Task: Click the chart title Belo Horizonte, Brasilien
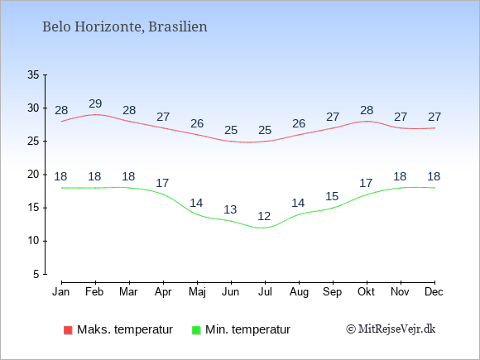coord(125,27)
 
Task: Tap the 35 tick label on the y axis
coord(33,74)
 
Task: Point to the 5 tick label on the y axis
coord(36,274)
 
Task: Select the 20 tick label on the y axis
coord(33,175)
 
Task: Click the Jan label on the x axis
coord(61,292)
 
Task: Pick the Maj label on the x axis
coord(197,292)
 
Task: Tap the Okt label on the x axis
coord(366,292)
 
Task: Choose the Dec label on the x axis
coord(434,292)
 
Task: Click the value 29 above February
coord(95,103)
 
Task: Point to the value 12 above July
coord(264,217)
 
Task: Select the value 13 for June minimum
coord(230,209)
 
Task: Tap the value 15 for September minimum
coord(332,196)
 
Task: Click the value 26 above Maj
coord(197,123)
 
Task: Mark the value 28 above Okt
coord(367,110)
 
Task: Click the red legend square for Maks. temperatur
coord(68,330)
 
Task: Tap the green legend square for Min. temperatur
coord(196,330)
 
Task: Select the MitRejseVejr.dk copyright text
coord(391,329)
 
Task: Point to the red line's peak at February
coord(96,114)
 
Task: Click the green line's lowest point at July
coord(262,228)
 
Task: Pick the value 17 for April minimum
coord(162,183)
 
